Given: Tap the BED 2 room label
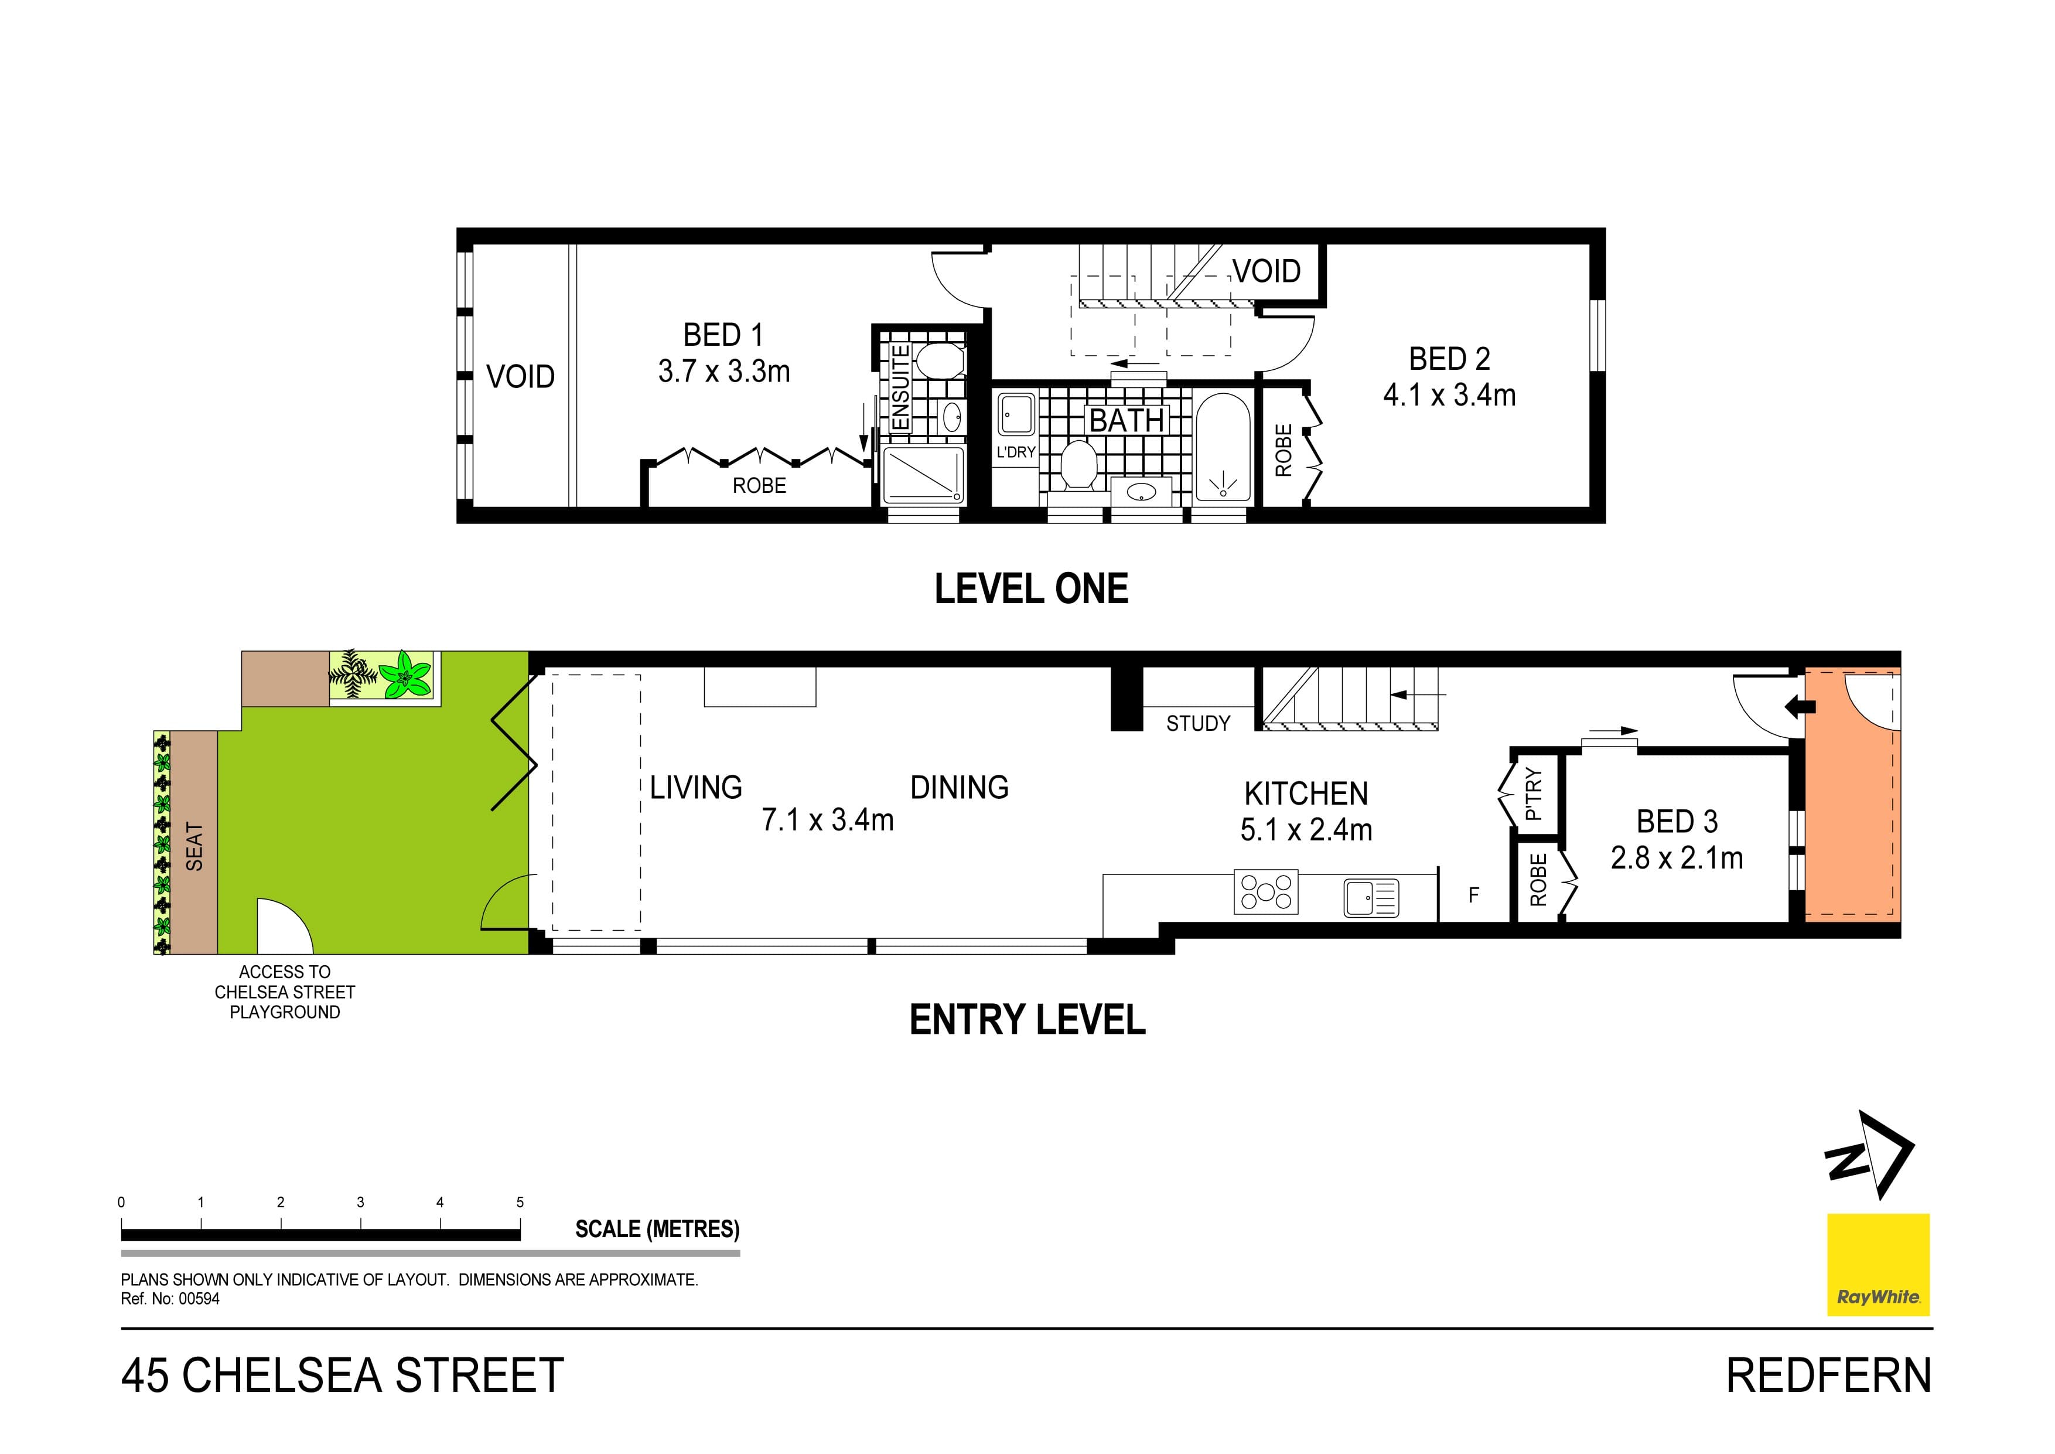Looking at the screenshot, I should click(1449, 359).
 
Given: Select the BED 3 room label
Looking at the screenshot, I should click(1677, 821).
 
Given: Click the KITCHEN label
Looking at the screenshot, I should click(1306, 794).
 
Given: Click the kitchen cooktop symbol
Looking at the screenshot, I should click(1265, 892).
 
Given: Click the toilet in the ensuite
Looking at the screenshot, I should click(937, 361).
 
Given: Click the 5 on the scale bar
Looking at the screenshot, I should click(520, 1203).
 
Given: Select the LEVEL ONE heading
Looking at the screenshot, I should click(1031, 589).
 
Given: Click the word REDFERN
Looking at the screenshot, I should click(1828, 1376).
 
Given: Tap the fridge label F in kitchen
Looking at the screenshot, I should click(1473, 894).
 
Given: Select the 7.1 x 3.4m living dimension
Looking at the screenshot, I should click(827, 820).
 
